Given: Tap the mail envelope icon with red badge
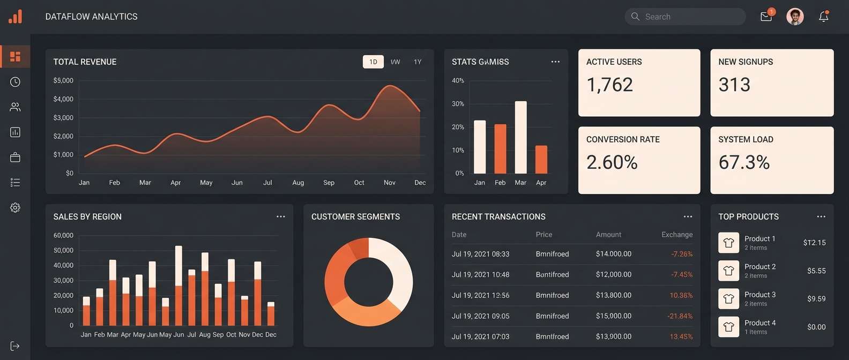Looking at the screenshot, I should pos(766,17).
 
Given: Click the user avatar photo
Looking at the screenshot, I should pos(795,17).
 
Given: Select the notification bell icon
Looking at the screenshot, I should pos(824,17).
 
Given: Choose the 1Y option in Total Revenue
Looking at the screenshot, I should pos(418,62).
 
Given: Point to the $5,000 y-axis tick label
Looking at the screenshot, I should pos(63,80).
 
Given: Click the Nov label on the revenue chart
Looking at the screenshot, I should pos(390,183).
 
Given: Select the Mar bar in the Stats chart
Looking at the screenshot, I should pos(520,137).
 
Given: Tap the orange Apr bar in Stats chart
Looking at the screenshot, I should pos(541,160).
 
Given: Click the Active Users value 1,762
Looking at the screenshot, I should pos(609,85).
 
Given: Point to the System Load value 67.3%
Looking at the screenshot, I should pos(744,162).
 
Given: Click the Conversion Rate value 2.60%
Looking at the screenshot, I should pos(612,162).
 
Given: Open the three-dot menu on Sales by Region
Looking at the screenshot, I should pos(280,216).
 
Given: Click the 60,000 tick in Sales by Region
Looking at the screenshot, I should pos(63,235).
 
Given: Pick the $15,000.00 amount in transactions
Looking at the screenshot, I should pos(614,316).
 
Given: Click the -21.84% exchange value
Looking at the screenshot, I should pos(680,316).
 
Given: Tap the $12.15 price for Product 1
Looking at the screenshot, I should pos(814,243).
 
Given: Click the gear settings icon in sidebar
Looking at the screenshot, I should pos(15,208).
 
